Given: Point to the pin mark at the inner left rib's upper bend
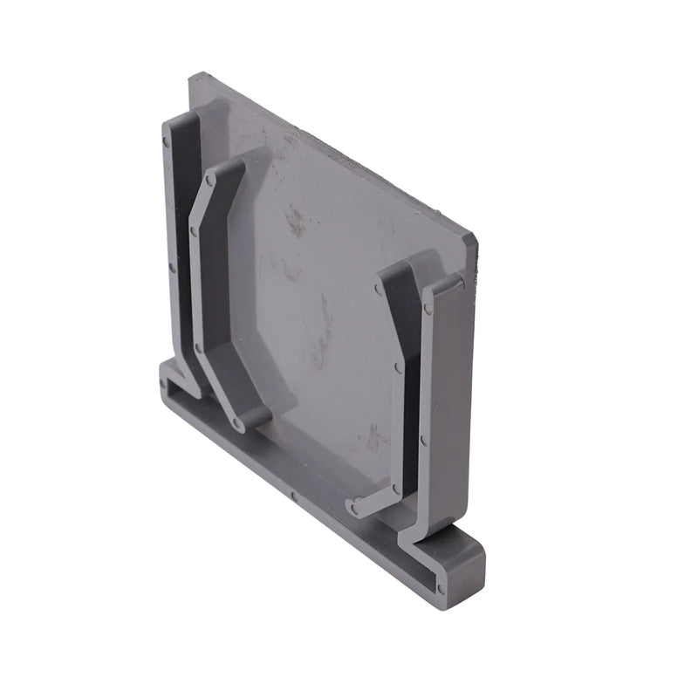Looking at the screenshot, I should point(194,234).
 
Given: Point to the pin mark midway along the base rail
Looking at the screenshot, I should point(294,499).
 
